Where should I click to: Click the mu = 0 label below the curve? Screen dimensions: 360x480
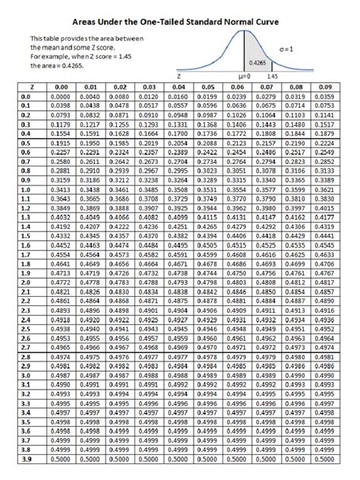tap(244, 77)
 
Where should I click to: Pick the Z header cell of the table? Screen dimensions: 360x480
tap(25, 88)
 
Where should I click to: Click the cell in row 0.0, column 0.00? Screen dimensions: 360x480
tap(58, 96)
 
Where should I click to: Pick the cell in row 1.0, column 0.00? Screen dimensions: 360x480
tap(58, 188)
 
